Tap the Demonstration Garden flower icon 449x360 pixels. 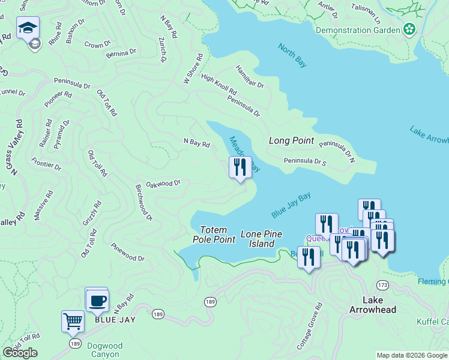coord(409,29)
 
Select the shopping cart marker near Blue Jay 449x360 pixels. coord(73,320)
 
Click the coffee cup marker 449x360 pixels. coord(97,300)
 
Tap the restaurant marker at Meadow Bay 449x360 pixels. coord(240,167)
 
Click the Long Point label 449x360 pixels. coord(291,140)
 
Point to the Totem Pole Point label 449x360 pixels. coord(214,235)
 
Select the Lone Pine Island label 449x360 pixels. coord(261,239)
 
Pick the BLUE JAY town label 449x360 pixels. coord(115,320)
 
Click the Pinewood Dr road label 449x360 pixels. coord(127,252)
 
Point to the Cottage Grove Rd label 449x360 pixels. coord(309,326)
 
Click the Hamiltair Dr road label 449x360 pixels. coord(250,77)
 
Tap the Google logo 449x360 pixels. coord(20,353)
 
